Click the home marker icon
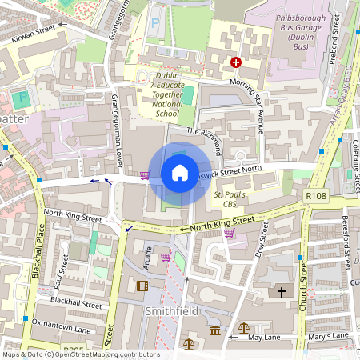(180, 173)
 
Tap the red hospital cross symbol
(236, 62)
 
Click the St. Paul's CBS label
(230, 199)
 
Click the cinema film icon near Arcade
(142, 286)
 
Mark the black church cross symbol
(281, 293)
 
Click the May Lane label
(265, 338)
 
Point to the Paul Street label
(58, 278)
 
